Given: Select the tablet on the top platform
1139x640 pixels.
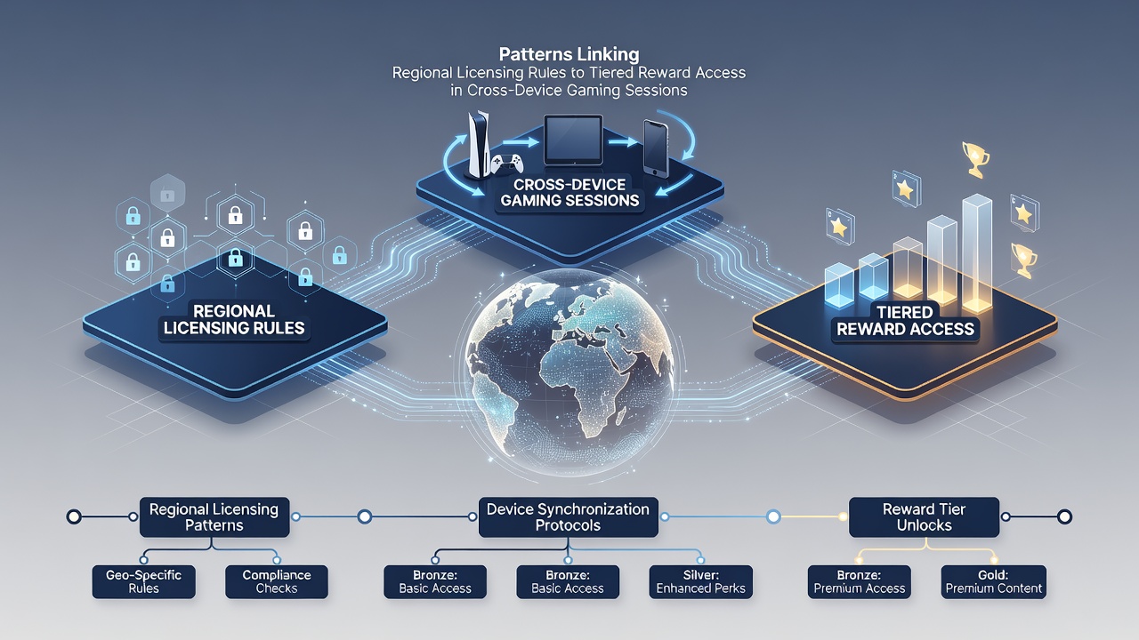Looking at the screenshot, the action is click(573, 140).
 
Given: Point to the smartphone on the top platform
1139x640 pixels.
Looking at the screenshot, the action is click(656, 148).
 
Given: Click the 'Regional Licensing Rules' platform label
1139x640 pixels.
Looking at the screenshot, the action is click(234, 319).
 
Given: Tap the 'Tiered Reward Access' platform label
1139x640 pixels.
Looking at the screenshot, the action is click(905, 321).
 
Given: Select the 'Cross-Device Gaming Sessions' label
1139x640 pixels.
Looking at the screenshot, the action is click(569, 193).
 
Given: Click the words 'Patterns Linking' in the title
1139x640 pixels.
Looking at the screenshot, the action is click(569, 54).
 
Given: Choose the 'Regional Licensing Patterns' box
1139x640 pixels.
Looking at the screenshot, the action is click(214, 517).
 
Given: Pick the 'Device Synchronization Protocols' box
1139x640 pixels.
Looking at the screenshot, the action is click(568, 517).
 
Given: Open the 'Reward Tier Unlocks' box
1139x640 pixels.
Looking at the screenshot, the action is click(924, 517).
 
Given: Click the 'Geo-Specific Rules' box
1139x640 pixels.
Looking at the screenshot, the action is click(144, 581).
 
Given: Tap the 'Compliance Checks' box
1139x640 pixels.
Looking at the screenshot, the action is click(277, 581).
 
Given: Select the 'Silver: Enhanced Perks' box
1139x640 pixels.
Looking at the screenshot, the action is click(700, 581).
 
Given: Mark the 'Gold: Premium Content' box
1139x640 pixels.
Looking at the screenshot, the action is click(994, 581).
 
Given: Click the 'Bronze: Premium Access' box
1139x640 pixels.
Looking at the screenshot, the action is click(860, 581).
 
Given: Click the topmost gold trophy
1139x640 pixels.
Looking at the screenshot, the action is click(975, 159).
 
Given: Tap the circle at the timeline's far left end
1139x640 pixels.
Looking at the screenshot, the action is click(74, 517).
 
